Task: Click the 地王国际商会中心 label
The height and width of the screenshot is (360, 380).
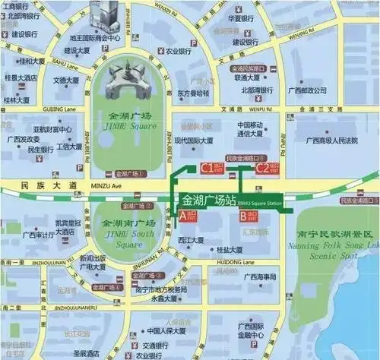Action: (x=95, y=36)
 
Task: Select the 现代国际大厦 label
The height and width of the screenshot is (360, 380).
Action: (x=196, y=141)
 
